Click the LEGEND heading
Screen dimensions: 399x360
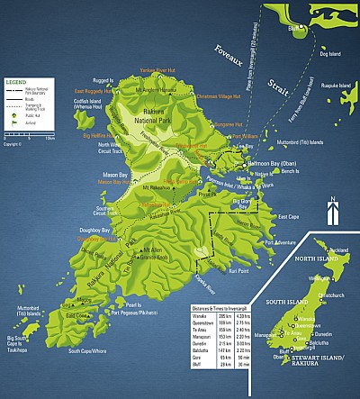click(x=15, y=81)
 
